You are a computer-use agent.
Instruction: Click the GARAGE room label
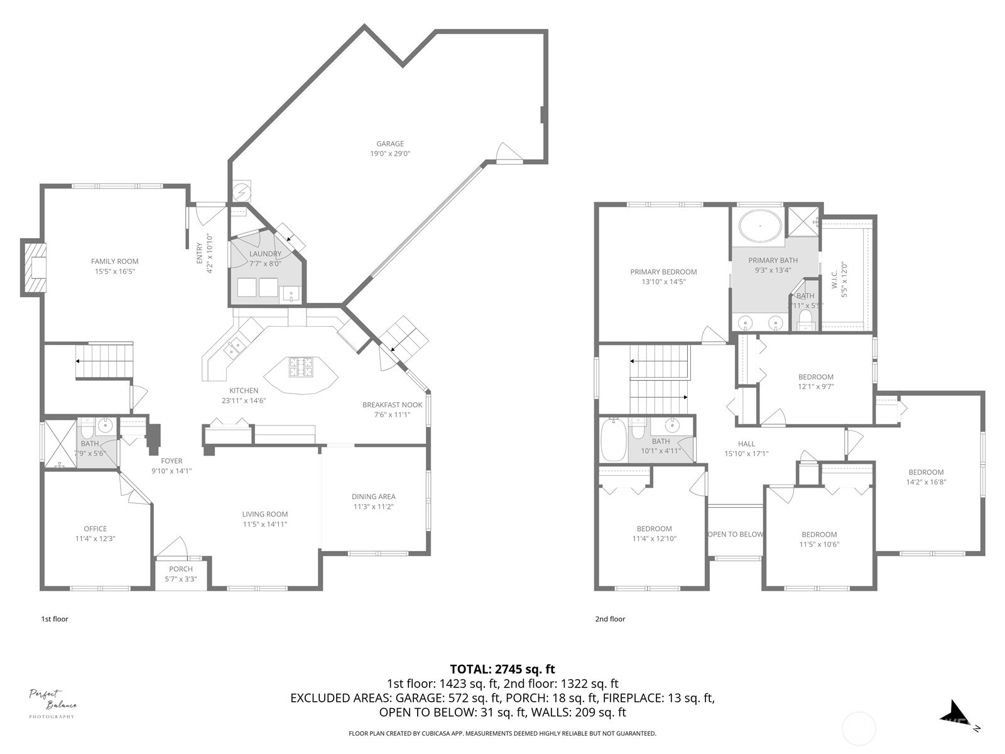(x=389, y=144)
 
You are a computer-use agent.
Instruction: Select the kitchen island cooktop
(x=301, y=366)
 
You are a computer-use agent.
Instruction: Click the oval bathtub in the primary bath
(x=760, y=226)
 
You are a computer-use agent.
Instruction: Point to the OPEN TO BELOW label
(x=735, y=535)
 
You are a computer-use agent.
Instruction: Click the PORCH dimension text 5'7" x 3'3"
(x=181, y=579)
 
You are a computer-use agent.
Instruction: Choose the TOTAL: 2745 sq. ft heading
(x=502, y=669)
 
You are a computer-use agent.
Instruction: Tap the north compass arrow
(x=955, y=714)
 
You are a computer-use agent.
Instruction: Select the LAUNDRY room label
(x=265, y=254)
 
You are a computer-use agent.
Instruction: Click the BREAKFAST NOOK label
(x=392, y=405)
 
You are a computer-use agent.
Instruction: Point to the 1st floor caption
(x=55, y=619)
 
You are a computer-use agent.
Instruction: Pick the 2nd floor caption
(x=610, y=619)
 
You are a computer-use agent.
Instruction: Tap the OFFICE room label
(x=95, y=528)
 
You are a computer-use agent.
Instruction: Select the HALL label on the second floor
(x=746, y=444)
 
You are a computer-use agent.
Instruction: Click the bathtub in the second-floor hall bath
(x=612, y=440)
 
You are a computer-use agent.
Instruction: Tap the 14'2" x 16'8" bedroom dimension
(x=926, y=483)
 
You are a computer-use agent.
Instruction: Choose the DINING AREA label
(x=373, y=496)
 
